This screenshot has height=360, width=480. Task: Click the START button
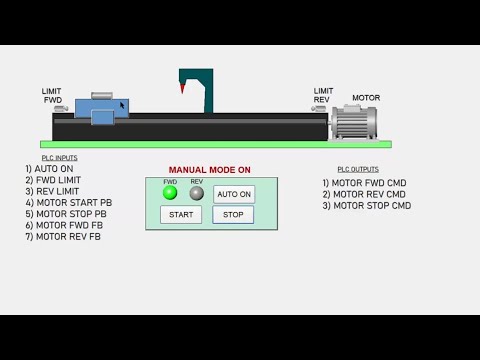(181, 214)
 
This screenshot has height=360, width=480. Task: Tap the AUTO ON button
(234, 194)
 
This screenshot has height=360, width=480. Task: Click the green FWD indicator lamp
(170, 193)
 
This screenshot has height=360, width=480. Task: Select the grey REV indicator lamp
(197, 193)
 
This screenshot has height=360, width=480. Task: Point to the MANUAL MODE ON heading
(209, 170)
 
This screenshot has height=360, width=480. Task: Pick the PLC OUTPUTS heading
(358, 169)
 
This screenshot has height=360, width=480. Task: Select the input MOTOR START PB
(68, 203)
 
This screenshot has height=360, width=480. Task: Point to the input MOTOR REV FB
(63, 237)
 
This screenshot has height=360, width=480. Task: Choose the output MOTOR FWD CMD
(364, 183)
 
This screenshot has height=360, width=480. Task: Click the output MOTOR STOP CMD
(366, 206)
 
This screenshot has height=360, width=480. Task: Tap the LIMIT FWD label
(52, 95)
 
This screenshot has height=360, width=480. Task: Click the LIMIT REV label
(323, 95)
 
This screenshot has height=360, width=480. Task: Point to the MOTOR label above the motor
(366, 98)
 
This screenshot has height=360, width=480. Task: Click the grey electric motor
(355, 121)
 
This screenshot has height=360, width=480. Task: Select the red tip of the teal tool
(182, 90)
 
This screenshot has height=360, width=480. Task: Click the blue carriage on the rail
(102, 108)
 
